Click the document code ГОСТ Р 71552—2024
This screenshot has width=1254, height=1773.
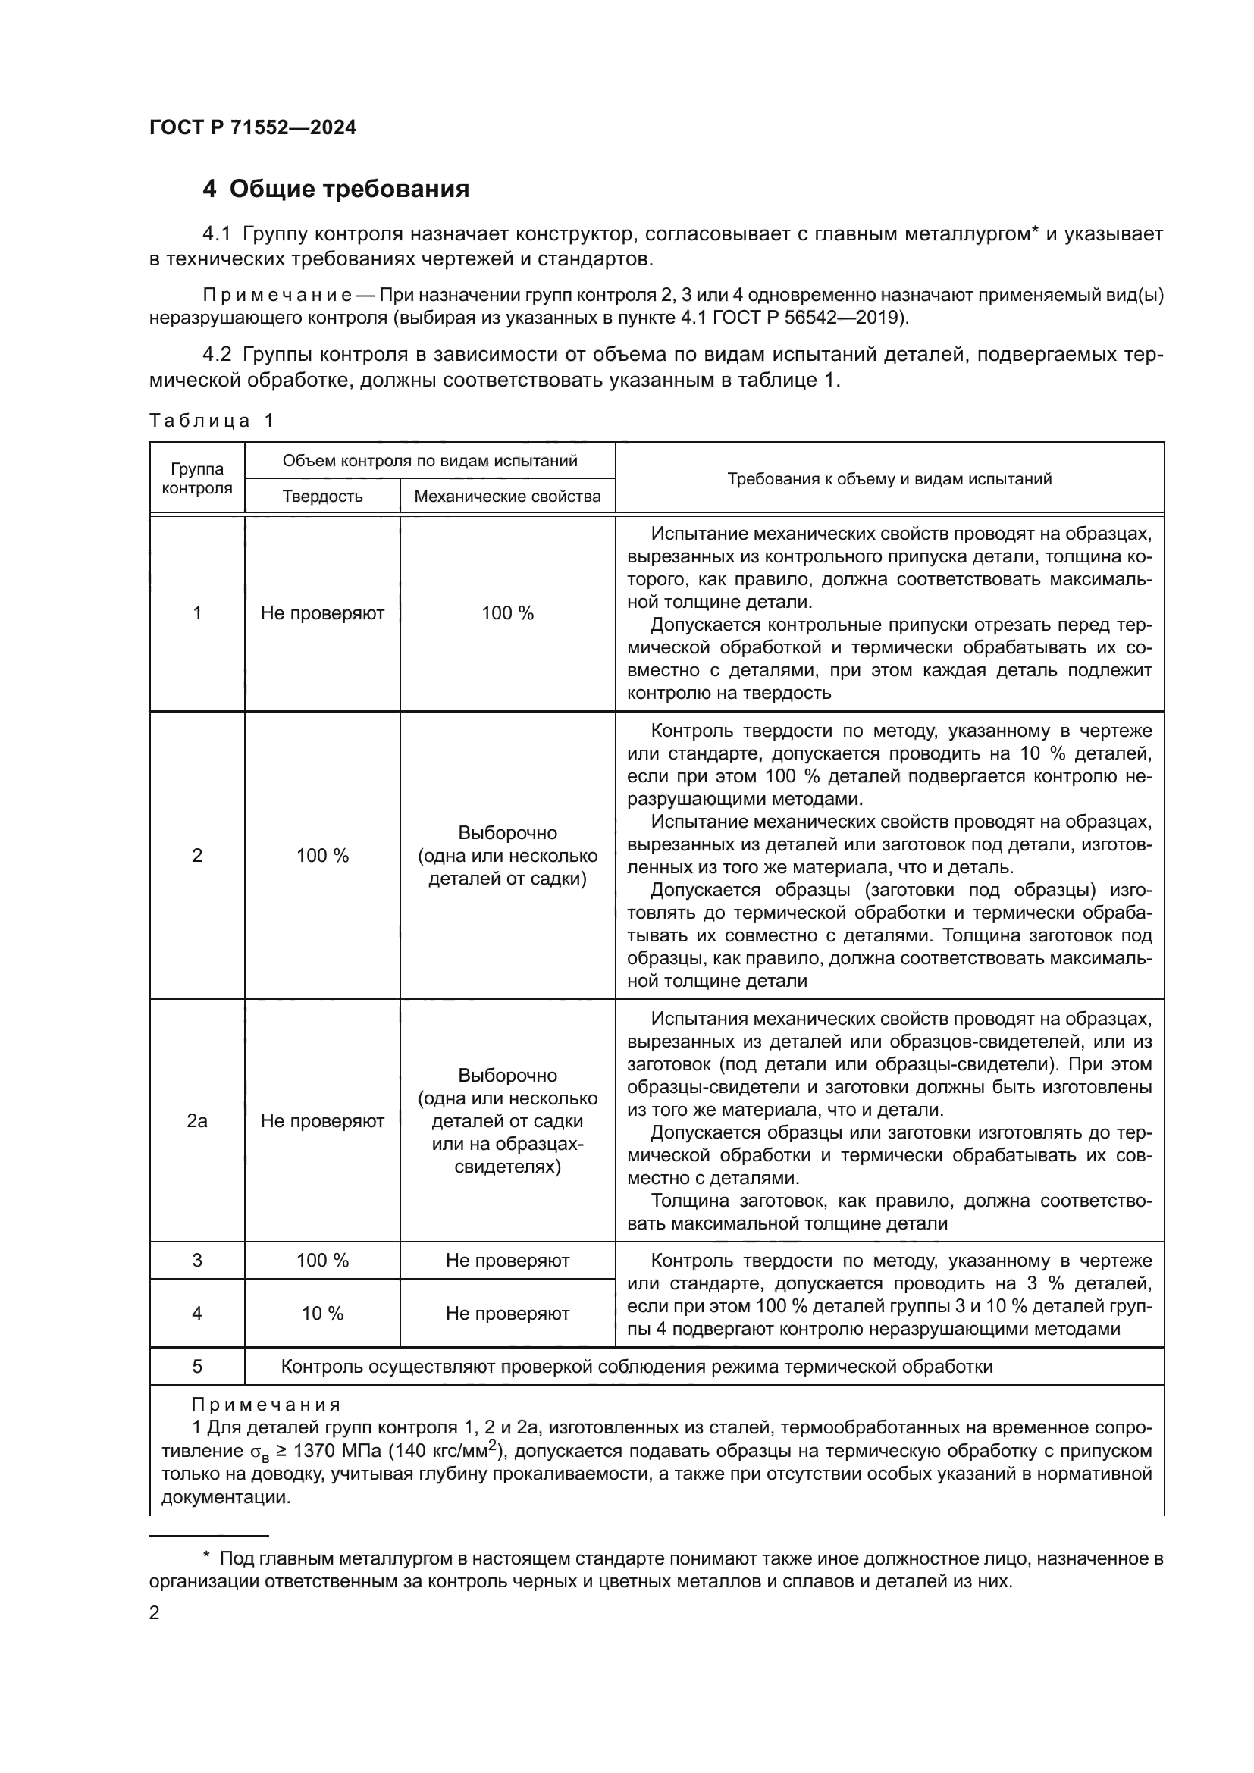[x=252, y=128]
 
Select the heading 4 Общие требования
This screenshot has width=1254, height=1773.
[x=336, y=189]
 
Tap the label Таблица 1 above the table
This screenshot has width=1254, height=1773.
[x=211, y=420]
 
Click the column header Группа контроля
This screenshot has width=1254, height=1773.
[x=197, y=478]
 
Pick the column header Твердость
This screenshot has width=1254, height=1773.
[x=322, y=496]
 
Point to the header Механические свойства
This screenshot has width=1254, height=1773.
[x=506, y=496]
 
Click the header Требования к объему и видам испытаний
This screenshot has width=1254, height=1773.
[x=889, y=479]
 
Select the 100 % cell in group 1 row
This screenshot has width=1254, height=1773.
[x=506, y=613]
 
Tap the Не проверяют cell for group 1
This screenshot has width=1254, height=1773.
[x=322, y=613]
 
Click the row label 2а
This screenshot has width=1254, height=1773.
[x=197, y=1120]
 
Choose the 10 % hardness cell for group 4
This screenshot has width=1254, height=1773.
[x=322, y=1314]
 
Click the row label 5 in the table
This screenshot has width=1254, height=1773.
[x=197, y=1367]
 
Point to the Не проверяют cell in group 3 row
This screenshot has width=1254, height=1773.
[x=506, y=1261]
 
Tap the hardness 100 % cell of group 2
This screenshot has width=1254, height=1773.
[x=322, y=856]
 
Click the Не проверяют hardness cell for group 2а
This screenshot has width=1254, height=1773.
[x=322, y=1120]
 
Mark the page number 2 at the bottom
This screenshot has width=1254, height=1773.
[x=155, y=1612]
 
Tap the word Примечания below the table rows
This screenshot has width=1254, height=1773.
[x=265, y=1405]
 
